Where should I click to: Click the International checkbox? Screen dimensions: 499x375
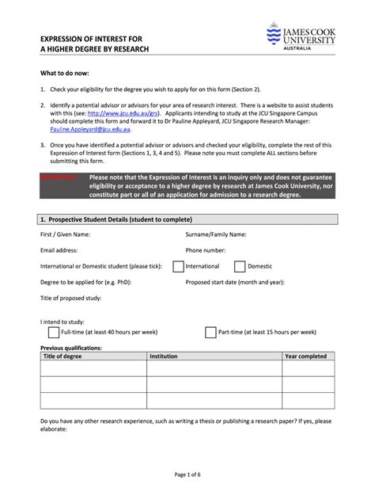[178, 266]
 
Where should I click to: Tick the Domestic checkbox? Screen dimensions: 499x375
[240, 266]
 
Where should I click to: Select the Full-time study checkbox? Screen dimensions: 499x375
[54, 332]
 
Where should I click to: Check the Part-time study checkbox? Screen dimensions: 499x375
[210, 332]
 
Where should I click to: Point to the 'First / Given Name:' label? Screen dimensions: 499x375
[65, 234]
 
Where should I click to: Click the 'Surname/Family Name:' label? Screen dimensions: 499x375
[216, 234]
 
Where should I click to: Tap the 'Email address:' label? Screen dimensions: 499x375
[59, 250]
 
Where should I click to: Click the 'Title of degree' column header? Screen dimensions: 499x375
[62, 356]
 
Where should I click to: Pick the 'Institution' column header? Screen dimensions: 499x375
[164, 356]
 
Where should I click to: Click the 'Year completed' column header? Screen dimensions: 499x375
[306, 356]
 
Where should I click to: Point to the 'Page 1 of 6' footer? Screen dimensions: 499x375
[188, 474]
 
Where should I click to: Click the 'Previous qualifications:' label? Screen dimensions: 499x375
[71, 348]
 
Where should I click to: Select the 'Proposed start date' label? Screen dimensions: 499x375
[234, 281]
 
